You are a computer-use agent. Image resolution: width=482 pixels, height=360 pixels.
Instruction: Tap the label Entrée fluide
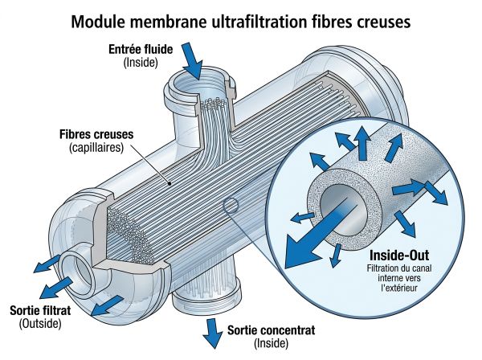pos(141,49)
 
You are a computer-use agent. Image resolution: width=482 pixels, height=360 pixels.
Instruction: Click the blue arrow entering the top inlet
pos(192,60)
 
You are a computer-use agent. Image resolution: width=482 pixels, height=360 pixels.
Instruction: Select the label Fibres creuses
pos(96,135)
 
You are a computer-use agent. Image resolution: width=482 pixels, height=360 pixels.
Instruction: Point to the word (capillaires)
pos(96,148)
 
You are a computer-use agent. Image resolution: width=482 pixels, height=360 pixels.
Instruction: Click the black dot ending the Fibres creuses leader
pos(170,183)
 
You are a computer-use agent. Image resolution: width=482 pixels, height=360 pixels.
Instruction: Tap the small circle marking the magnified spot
pos(231,206)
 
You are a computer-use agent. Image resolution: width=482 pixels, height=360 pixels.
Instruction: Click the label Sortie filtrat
pos(40,310)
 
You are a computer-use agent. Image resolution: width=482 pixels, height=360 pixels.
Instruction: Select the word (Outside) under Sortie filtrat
pos(40,323)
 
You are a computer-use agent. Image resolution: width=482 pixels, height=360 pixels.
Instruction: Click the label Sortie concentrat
pos(272,330)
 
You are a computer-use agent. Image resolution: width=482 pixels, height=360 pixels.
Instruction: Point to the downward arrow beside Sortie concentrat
pos(213,333)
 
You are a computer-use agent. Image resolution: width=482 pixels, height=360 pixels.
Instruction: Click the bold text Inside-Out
pos(399,256)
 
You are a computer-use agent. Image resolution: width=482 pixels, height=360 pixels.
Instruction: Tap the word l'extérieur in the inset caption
pos(399,288)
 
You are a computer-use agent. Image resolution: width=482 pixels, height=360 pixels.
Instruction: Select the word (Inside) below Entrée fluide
pos(141,63)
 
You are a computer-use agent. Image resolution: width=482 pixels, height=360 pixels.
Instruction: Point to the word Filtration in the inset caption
pos(382,268)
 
